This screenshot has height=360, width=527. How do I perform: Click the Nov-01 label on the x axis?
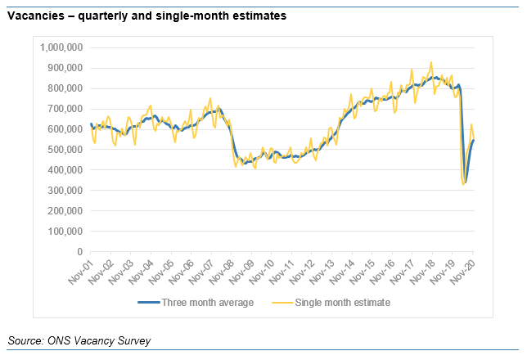79,271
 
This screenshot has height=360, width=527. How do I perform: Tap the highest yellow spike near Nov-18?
431,62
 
